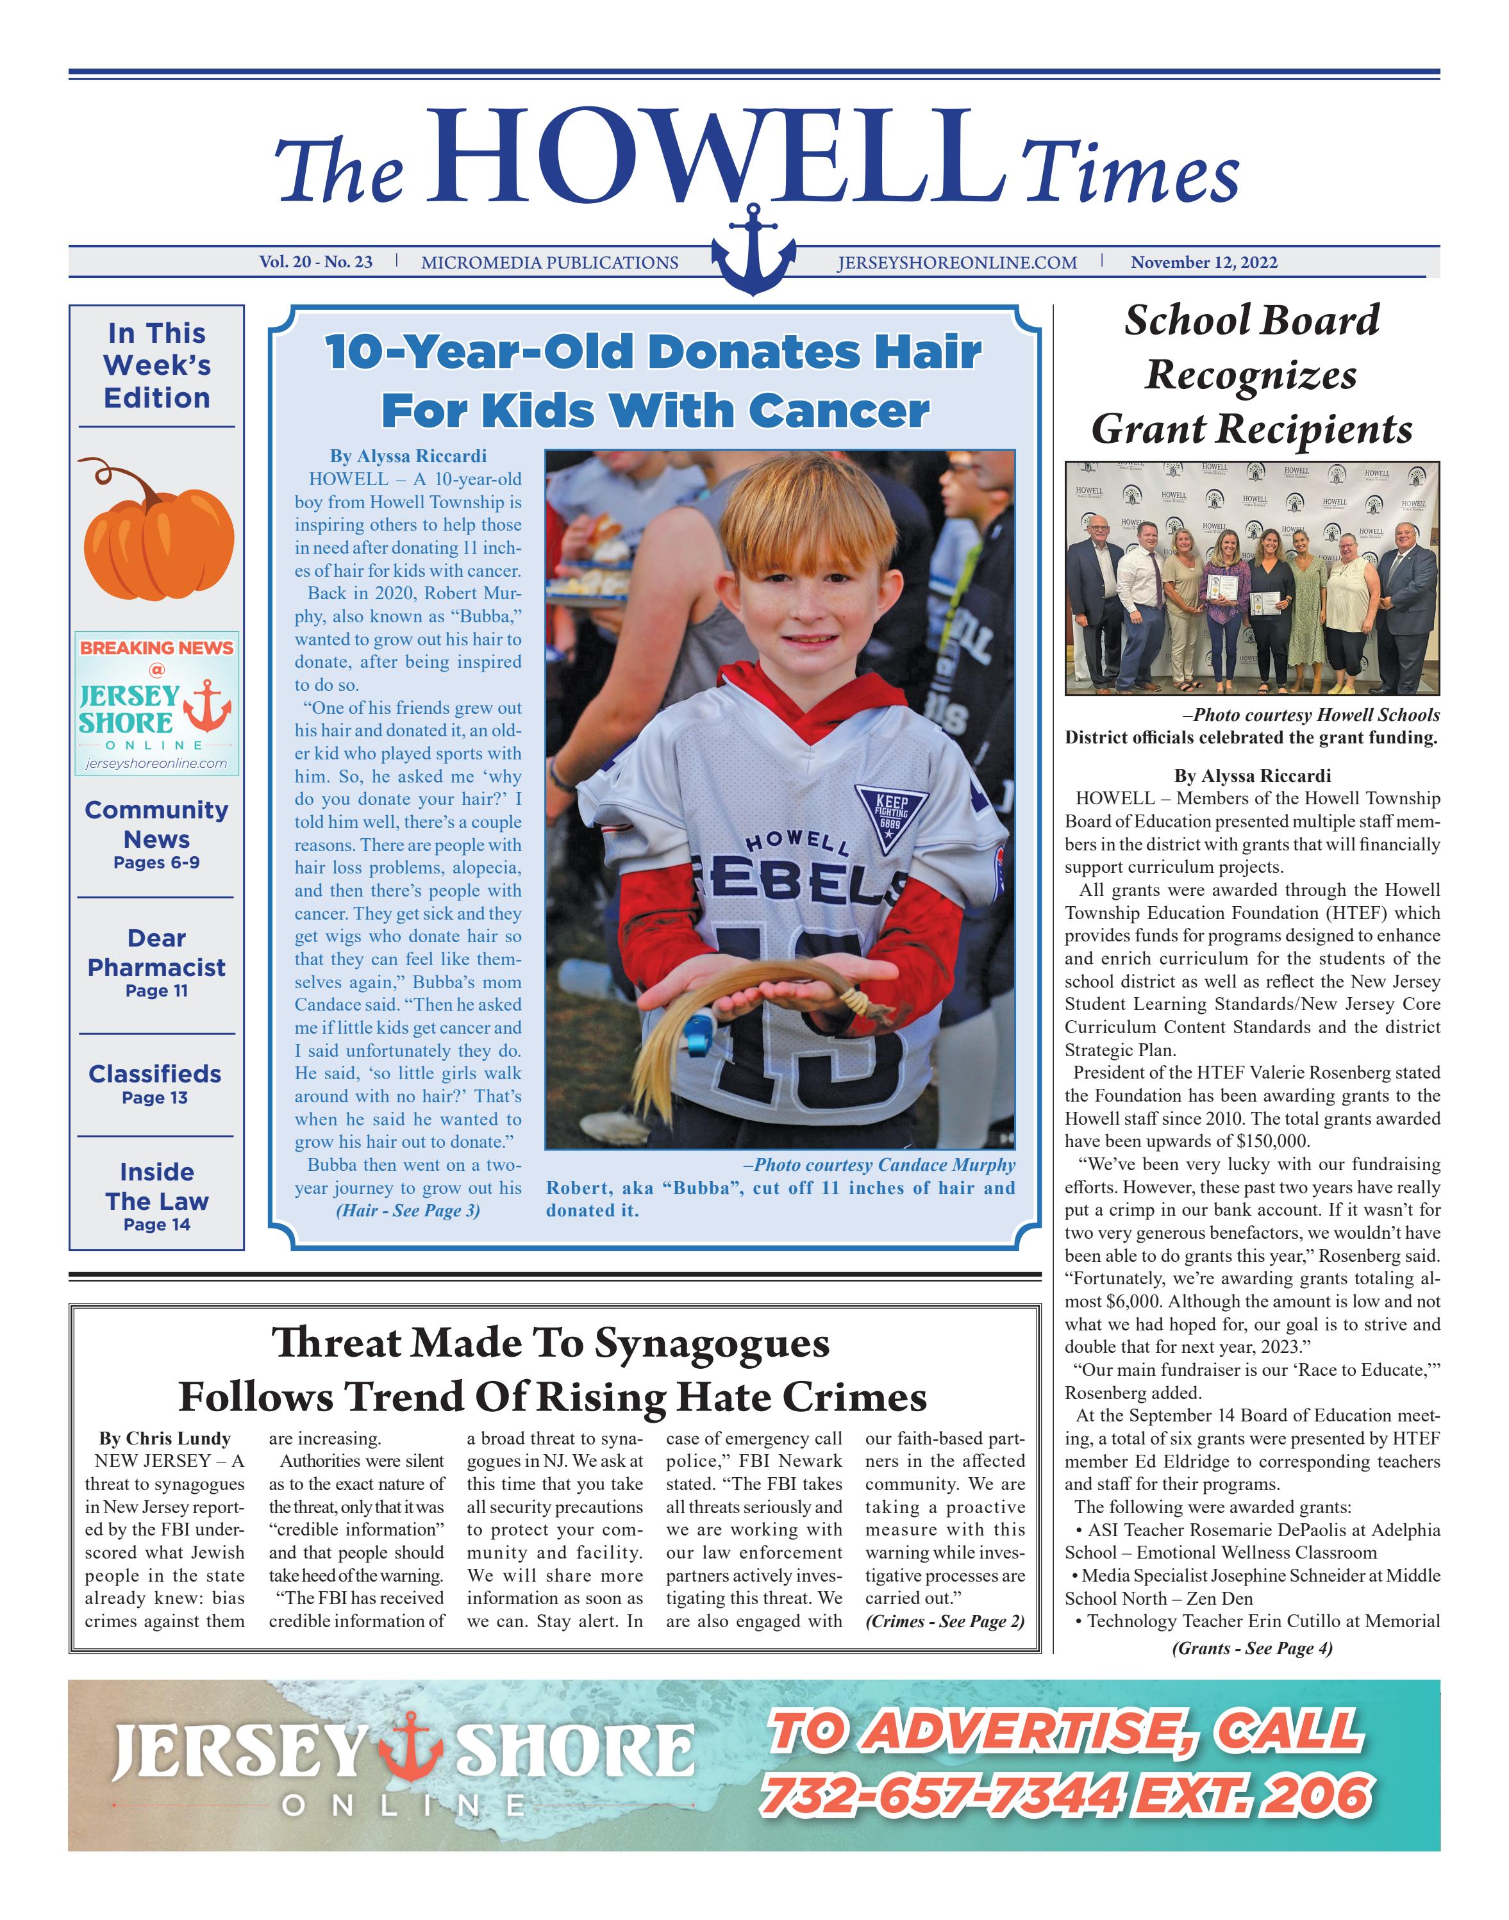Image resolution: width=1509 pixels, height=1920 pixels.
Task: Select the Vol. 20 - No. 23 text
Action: [315, 262]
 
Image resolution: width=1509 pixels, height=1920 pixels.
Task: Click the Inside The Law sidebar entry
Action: [156, 1196]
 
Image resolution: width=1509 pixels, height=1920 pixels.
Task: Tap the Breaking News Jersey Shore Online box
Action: [156, 703]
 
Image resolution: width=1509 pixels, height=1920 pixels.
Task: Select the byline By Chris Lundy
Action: [164, 1439]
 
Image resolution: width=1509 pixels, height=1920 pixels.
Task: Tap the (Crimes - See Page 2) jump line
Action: [944, 1621]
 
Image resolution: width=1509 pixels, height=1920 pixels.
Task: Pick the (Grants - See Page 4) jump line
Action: [1252, 1648]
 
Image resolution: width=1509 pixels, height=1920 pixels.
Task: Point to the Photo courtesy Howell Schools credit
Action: [1310, 715]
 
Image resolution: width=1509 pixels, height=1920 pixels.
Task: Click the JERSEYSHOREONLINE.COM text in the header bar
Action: [957, 262]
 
